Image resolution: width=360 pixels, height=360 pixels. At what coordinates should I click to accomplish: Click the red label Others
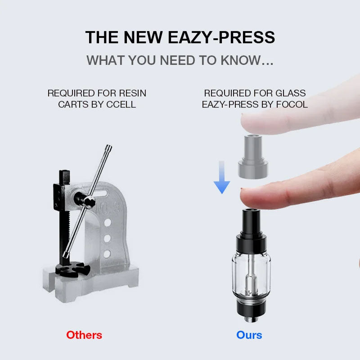coord(84,335)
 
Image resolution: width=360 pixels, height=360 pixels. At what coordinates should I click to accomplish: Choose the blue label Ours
coord(249,335)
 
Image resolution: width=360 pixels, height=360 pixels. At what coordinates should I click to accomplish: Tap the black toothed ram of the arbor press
coord(63,216)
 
